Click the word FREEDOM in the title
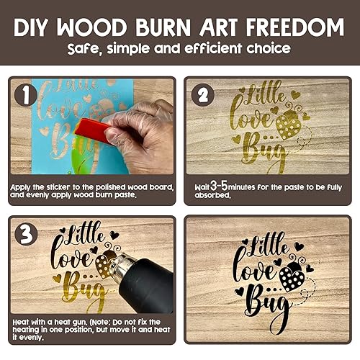(x=295, y=27)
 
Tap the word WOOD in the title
(x=92, y=27)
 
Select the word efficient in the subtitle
(x=213, y=48)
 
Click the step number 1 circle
(x=26, y=96)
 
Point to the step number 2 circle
(x=203, y=95)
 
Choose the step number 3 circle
(x=26, y=234)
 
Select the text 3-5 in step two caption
(x=219, y=186)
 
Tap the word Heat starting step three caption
(x=22, y=322)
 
